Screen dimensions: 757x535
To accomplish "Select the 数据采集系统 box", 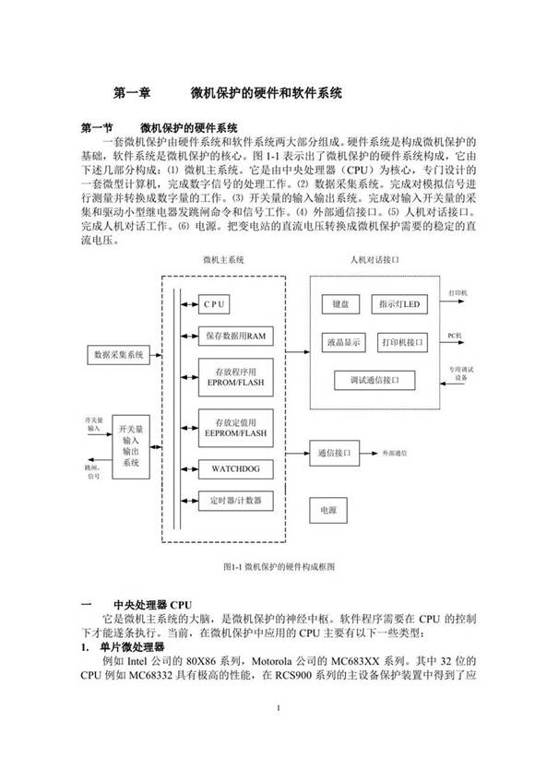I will (x=121, y=354).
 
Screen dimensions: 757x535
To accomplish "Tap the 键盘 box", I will (x=335, y=303).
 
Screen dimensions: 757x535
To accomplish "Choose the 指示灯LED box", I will (x=399, y=303).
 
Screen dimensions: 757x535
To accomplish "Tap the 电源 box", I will (x=328, y=510).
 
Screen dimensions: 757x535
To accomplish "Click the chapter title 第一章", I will (x=132, y=92).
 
